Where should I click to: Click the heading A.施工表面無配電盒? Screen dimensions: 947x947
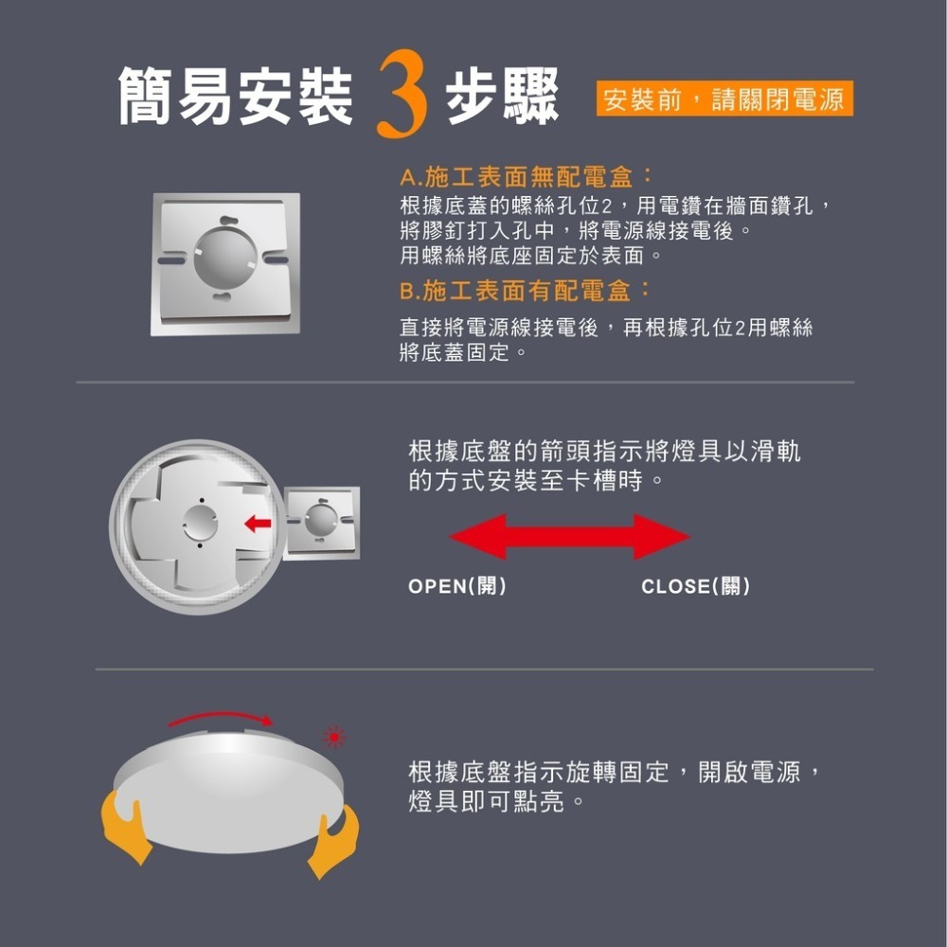click(x=526, y=177)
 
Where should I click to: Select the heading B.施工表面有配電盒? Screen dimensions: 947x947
click(x=526, y=290)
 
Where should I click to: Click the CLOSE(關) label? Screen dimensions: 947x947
click(x=696, y=586)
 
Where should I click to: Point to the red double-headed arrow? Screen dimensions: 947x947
click(x=569, y=537)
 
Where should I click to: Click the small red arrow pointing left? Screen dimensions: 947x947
click(x=259, y=522)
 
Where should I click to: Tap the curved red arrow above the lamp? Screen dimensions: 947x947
click(x=221, y=717)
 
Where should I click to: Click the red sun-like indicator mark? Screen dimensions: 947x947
click(x=333, y=736)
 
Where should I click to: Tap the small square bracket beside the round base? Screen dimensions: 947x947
click(x=321, y=522)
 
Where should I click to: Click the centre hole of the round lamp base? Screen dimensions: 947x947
click(x=200, y=520)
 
